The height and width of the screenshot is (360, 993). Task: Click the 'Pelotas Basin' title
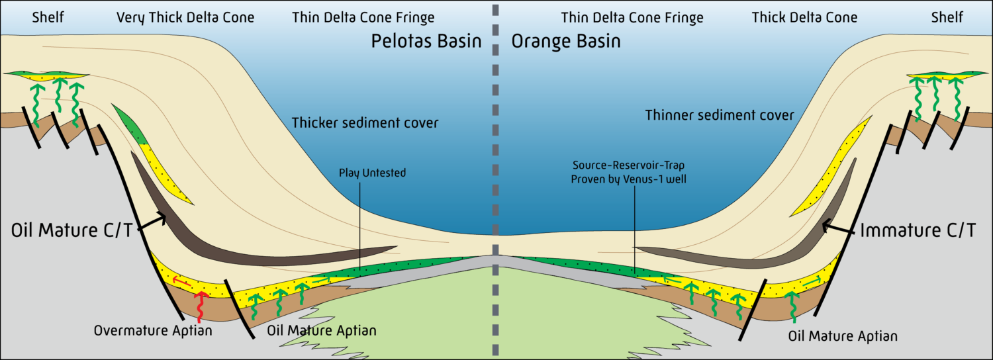pyautogui.click(x=426, y=42)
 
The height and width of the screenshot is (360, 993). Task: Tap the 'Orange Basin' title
pyautogui.click(x=566, y=42)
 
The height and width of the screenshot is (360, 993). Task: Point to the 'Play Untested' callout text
pyautogui.click(x=372, y=173)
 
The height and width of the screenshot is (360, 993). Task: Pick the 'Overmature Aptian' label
pyautogui.click(x=153, y=330)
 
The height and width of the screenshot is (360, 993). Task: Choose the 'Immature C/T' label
pyautogui.click(x=917, y=230)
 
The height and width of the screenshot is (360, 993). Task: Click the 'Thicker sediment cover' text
pyautogui.click(x=365, y=122)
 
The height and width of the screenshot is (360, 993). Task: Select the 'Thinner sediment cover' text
pyautogui.click(x=720, y=115)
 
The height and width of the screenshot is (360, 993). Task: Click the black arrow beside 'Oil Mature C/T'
pyautogui.click(x=154, y=222)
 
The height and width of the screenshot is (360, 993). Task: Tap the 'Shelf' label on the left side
pyautogui.click(x=48, y=17)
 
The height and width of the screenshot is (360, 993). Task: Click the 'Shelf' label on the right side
pyautogui.click(x=947, y=17)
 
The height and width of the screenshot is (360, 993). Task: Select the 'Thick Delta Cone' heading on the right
pyautogui.click(x=804, y=17)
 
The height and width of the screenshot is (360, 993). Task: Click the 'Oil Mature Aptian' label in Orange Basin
pyautogui.click(x=843, y=337)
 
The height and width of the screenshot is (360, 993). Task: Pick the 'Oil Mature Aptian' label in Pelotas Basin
pyautogui.click(x=321, y=330)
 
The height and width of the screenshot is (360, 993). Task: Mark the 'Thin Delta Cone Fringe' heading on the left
pyautogui.click(x=363, y=17)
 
